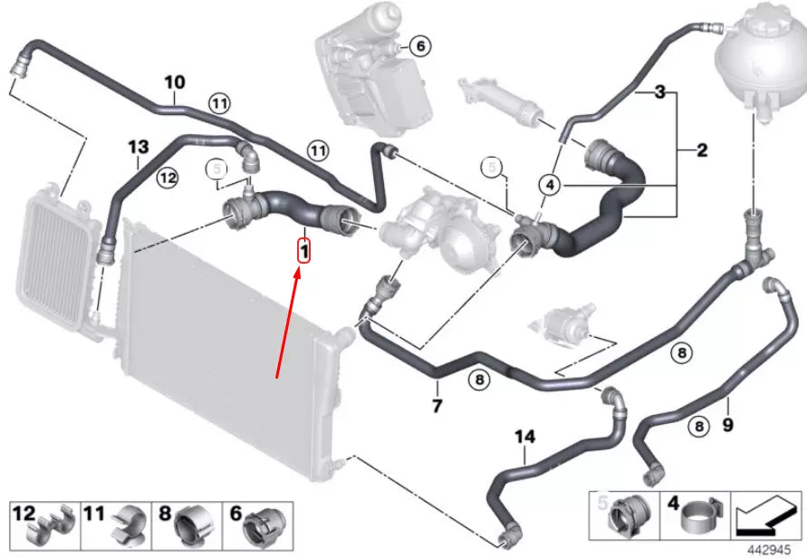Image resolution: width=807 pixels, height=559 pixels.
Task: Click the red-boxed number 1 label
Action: click(305, 248)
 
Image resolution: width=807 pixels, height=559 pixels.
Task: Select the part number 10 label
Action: click(174, 83)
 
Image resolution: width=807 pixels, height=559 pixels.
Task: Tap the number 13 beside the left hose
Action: click(137, 147)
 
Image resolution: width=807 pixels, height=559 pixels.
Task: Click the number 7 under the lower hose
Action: click(437, 406)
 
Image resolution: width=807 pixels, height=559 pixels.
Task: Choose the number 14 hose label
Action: click(525, 438)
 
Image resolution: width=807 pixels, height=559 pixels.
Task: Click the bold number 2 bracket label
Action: click(702, 150)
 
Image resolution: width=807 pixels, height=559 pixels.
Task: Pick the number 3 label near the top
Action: click(660, 92)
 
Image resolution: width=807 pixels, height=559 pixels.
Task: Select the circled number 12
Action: click(166, 179)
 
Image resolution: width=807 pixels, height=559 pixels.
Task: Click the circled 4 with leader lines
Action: click(549, 185)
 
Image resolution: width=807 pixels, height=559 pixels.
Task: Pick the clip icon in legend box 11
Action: click(127, 525)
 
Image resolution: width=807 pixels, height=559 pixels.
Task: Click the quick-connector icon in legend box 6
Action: click(264, 525)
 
